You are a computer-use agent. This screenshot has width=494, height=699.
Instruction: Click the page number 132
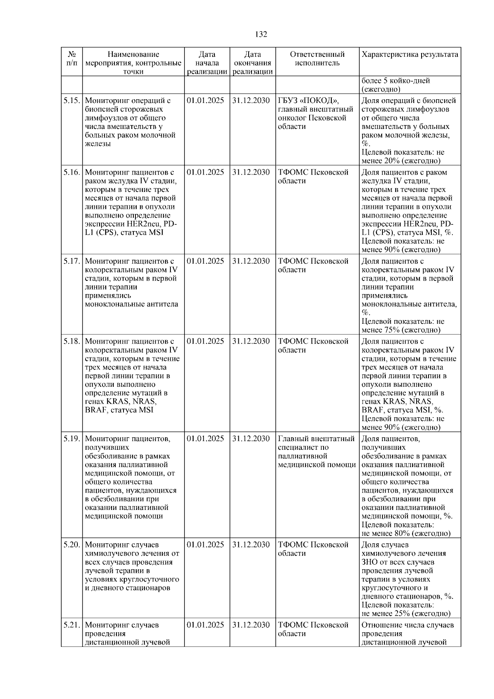261,35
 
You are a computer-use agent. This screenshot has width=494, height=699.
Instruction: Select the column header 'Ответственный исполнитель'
317,59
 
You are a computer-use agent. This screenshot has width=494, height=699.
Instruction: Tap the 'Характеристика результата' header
410,55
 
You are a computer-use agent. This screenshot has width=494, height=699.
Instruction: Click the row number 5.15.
72,101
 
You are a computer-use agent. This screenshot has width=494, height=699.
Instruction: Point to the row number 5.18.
72,341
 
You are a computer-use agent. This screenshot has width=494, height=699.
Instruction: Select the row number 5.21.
72,625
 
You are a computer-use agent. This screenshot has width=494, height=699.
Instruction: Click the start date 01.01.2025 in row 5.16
205,173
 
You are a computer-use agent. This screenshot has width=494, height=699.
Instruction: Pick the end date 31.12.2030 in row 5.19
251,439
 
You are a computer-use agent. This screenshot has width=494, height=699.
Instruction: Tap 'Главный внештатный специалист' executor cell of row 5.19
316,443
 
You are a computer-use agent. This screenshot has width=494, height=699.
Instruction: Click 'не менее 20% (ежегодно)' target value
401,161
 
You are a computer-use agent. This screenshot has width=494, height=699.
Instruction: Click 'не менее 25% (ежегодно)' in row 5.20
406,614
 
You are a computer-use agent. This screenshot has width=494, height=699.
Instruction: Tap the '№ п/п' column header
72,59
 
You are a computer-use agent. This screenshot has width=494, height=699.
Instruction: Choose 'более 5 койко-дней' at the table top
396,81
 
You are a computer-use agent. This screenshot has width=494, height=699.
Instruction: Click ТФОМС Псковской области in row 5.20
313,549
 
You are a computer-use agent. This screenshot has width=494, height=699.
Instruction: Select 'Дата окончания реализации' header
252,63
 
